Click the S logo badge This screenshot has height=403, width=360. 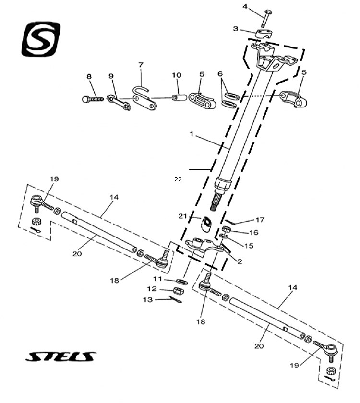(41, 39)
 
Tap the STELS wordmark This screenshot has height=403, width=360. (61, 356)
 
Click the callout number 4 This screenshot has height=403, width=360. (245, 6)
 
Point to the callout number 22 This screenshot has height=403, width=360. (178, 179)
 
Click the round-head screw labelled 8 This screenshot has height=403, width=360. (93, 99)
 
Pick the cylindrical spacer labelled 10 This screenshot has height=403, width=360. (179, 98)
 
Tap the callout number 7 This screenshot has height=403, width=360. (141, 65)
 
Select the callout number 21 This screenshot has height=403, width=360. (182, 216)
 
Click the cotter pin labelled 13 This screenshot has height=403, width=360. (175, 299)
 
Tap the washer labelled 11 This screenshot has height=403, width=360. (182, 281)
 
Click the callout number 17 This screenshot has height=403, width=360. (260, 220)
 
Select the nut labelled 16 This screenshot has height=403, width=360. (227, 229)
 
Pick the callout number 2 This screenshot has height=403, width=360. (240, 261)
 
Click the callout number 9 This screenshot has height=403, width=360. (111, 76)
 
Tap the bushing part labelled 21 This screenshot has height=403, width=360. (206, 224)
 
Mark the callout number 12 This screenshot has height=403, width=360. (152, 289)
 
